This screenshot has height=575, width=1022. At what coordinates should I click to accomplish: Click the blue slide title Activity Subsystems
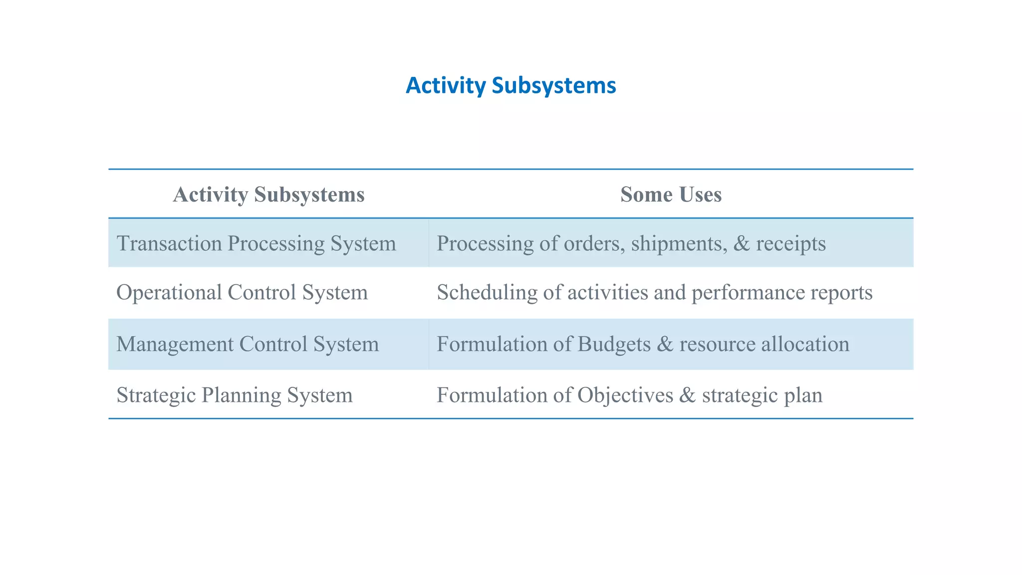(x=511, y=85)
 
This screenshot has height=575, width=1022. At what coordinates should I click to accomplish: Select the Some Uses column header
(x=671, y=194)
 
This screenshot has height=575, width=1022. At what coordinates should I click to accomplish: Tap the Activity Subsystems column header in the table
(x=268, y=194)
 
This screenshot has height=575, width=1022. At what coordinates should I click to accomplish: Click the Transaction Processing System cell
(x=256, y=244)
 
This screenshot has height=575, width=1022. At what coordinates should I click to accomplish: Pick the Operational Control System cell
(x=242, y=292)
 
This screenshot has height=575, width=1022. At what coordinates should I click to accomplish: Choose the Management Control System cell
(x=248, y=344)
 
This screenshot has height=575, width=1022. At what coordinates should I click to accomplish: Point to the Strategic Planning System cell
(x=235, y=395)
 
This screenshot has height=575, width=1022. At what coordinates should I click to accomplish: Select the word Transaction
(x=169, y=244)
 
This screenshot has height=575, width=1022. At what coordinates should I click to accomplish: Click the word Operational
(x=169, y=292)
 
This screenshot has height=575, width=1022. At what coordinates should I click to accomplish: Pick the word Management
(x=175, y=344)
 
